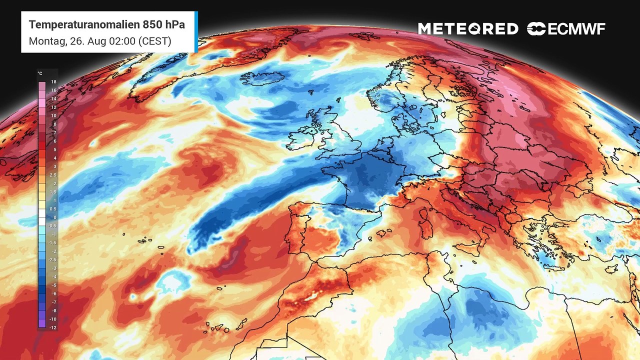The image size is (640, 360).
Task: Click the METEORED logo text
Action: coord(468,29)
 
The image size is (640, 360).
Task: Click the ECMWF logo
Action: coord(566,29)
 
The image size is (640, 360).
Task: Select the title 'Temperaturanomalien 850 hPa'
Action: coord(106,25)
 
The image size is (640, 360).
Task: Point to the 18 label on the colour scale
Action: coord(53,81)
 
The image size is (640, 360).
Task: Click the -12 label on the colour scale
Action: coord(53,327)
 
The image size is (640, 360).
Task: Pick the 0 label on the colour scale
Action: coord(53,217)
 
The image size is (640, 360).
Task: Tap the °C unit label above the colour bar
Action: coord(40,73)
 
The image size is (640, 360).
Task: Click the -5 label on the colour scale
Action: coord(53,285)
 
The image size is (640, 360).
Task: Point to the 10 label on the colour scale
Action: coord(53,115)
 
